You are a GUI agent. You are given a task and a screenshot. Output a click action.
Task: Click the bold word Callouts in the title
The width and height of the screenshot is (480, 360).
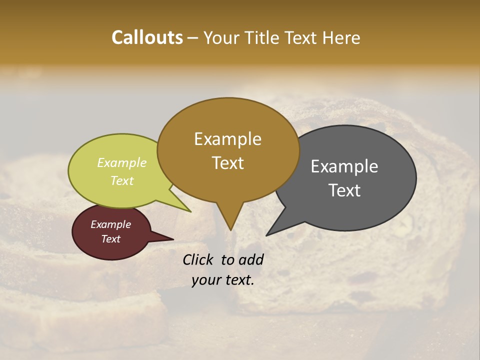[x=147, y=37]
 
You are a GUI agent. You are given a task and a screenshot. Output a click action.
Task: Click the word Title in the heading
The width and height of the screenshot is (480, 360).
[x=262, y=37]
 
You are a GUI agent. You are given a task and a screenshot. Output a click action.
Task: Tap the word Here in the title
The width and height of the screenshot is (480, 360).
[x=341, y=37]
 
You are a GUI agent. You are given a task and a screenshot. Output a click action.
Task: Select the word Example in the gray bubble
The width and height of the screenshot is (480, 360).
[x=344, y=166]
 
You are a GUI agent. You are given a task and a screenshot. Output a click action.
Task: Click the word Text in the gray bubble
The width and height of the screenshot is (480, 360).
[x=344, y=190]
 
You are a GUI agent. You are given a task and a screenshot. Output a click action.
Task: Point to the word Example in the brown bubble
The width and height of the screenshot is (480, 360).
[x=227, y=139]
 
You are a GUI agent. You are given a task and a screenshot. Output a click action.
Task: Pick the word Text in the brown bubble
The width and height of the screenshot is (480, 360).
[x=227, y=163]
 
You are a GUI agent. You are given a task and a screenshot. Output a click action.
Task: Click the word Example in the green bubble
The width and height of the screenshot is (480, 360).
[x=122, y=163]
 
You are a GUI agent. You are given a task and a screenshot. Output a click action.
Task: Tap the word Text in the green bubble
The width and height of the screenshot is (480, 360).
[x=122, y=180]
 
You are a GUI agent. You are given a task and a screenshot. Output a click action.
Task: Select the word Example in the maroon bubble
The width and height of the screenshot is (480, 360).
[x=110, y=224]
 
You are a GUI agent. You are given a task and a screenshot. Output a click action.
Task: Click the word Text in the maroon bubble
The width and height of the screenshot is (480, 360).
[x=110, y=239]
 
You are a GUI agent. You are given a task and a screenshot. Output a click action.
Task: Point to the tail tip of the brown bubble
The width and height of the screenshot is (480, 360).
[x=230, y=229]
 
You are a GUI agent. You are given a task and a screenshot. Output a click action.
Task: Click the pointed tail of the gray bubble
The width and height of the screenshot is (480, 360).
[x=267, y=234]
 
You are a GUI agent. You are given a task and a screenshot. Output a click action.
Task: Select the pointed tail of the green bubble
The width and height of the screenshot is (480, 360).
[x=189, y=211]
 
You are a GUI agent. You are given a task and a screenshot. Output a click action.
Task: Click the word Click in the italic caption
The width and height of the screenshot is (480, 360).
[x=198, y=259]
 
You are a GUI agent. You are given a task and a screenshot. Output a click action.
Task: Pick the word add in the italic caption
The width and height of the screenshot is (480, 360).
[x=251, y=259]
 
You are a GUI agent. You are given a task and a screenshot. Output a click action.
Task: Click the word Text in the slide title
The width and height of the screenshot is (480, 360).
[x=301, y=37]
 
